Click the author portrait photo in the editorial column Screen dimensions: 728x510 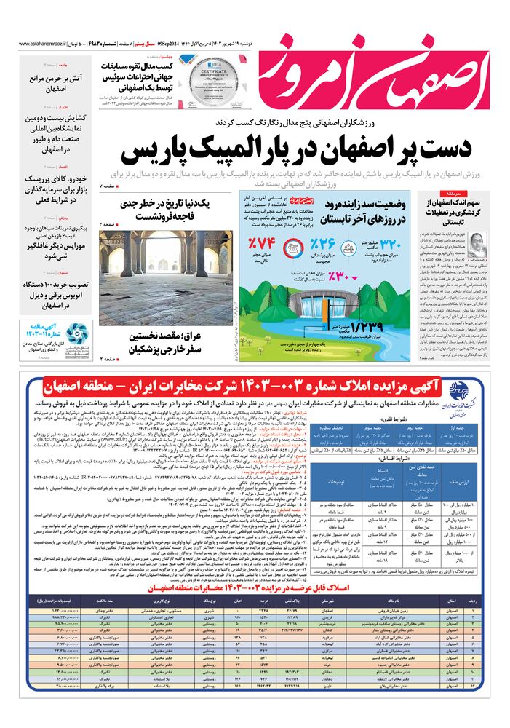pos(481,243)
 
